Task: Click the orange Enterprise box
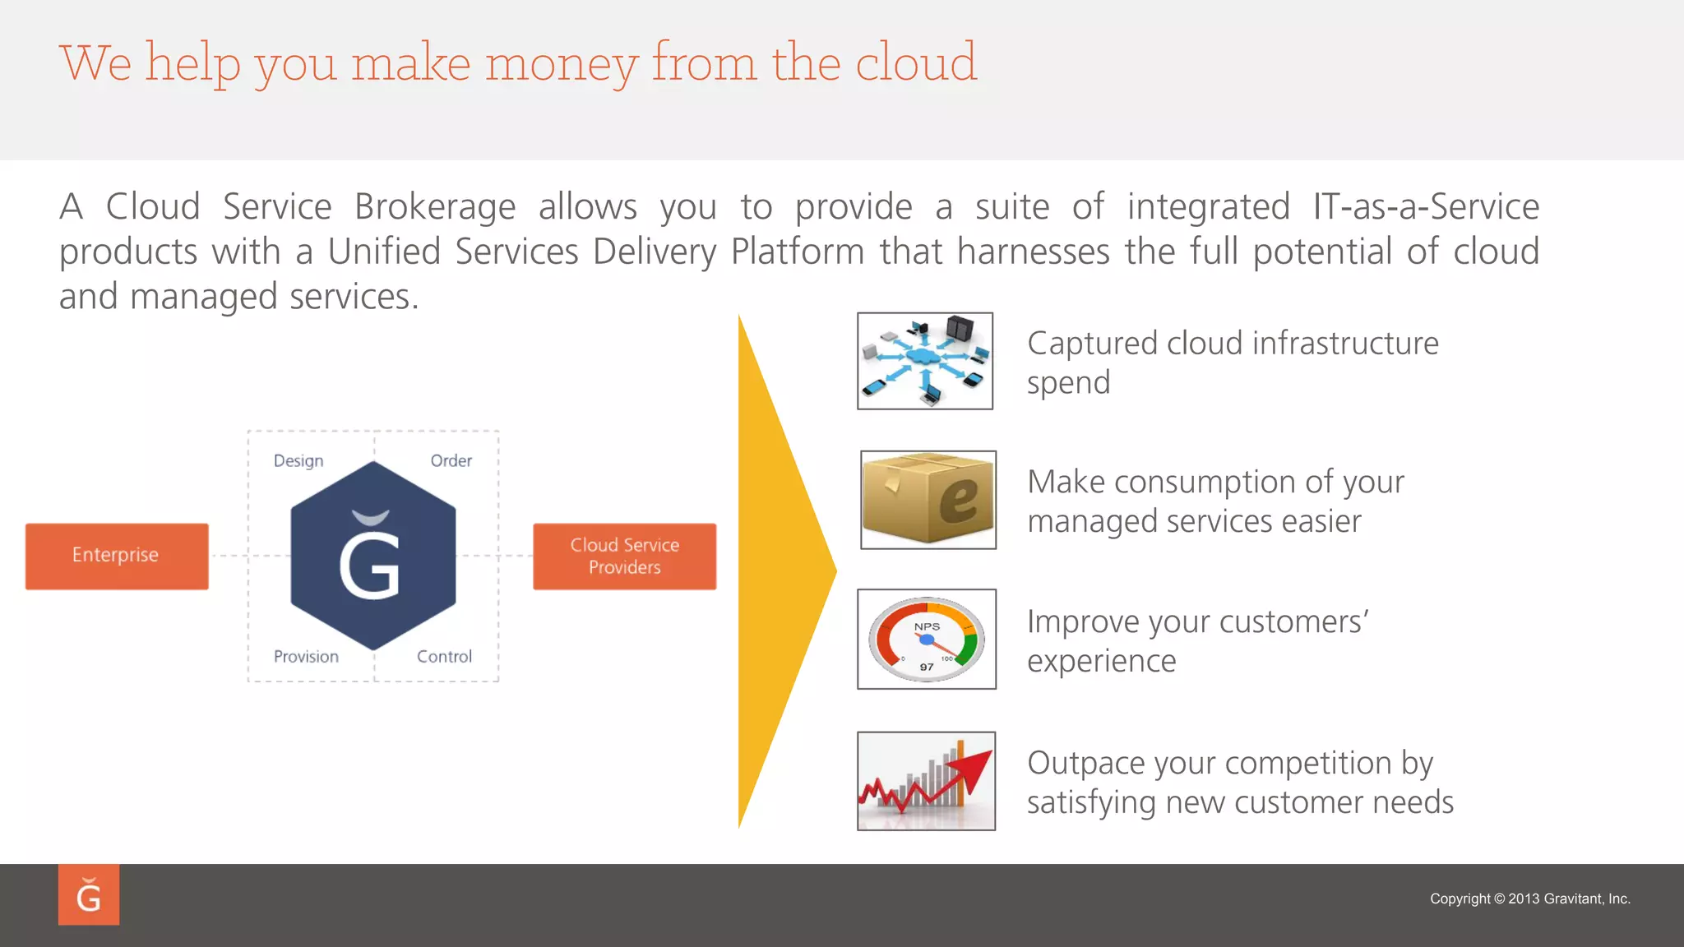117,556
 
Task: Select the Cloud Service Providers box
624,556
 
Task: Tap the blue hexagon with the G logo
373,556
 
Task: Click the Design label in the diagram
298,461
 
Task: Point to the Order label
451,461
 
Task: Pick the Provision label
306,657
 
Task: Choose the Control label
444,657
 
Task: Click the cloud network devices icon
925,361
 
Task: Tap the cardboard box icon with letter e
928,500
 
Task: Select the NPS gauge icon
927,639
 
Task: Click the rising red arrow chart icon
927,781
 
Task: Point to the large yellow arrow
781,571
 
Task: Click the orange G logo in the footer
89,894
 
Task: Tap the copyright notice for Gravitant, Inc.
1529,898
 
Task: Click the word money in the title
562,63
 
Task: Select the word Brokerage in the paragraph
435,207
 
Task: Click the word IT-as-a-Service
1426,207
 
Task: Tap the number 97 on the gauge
927,667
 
